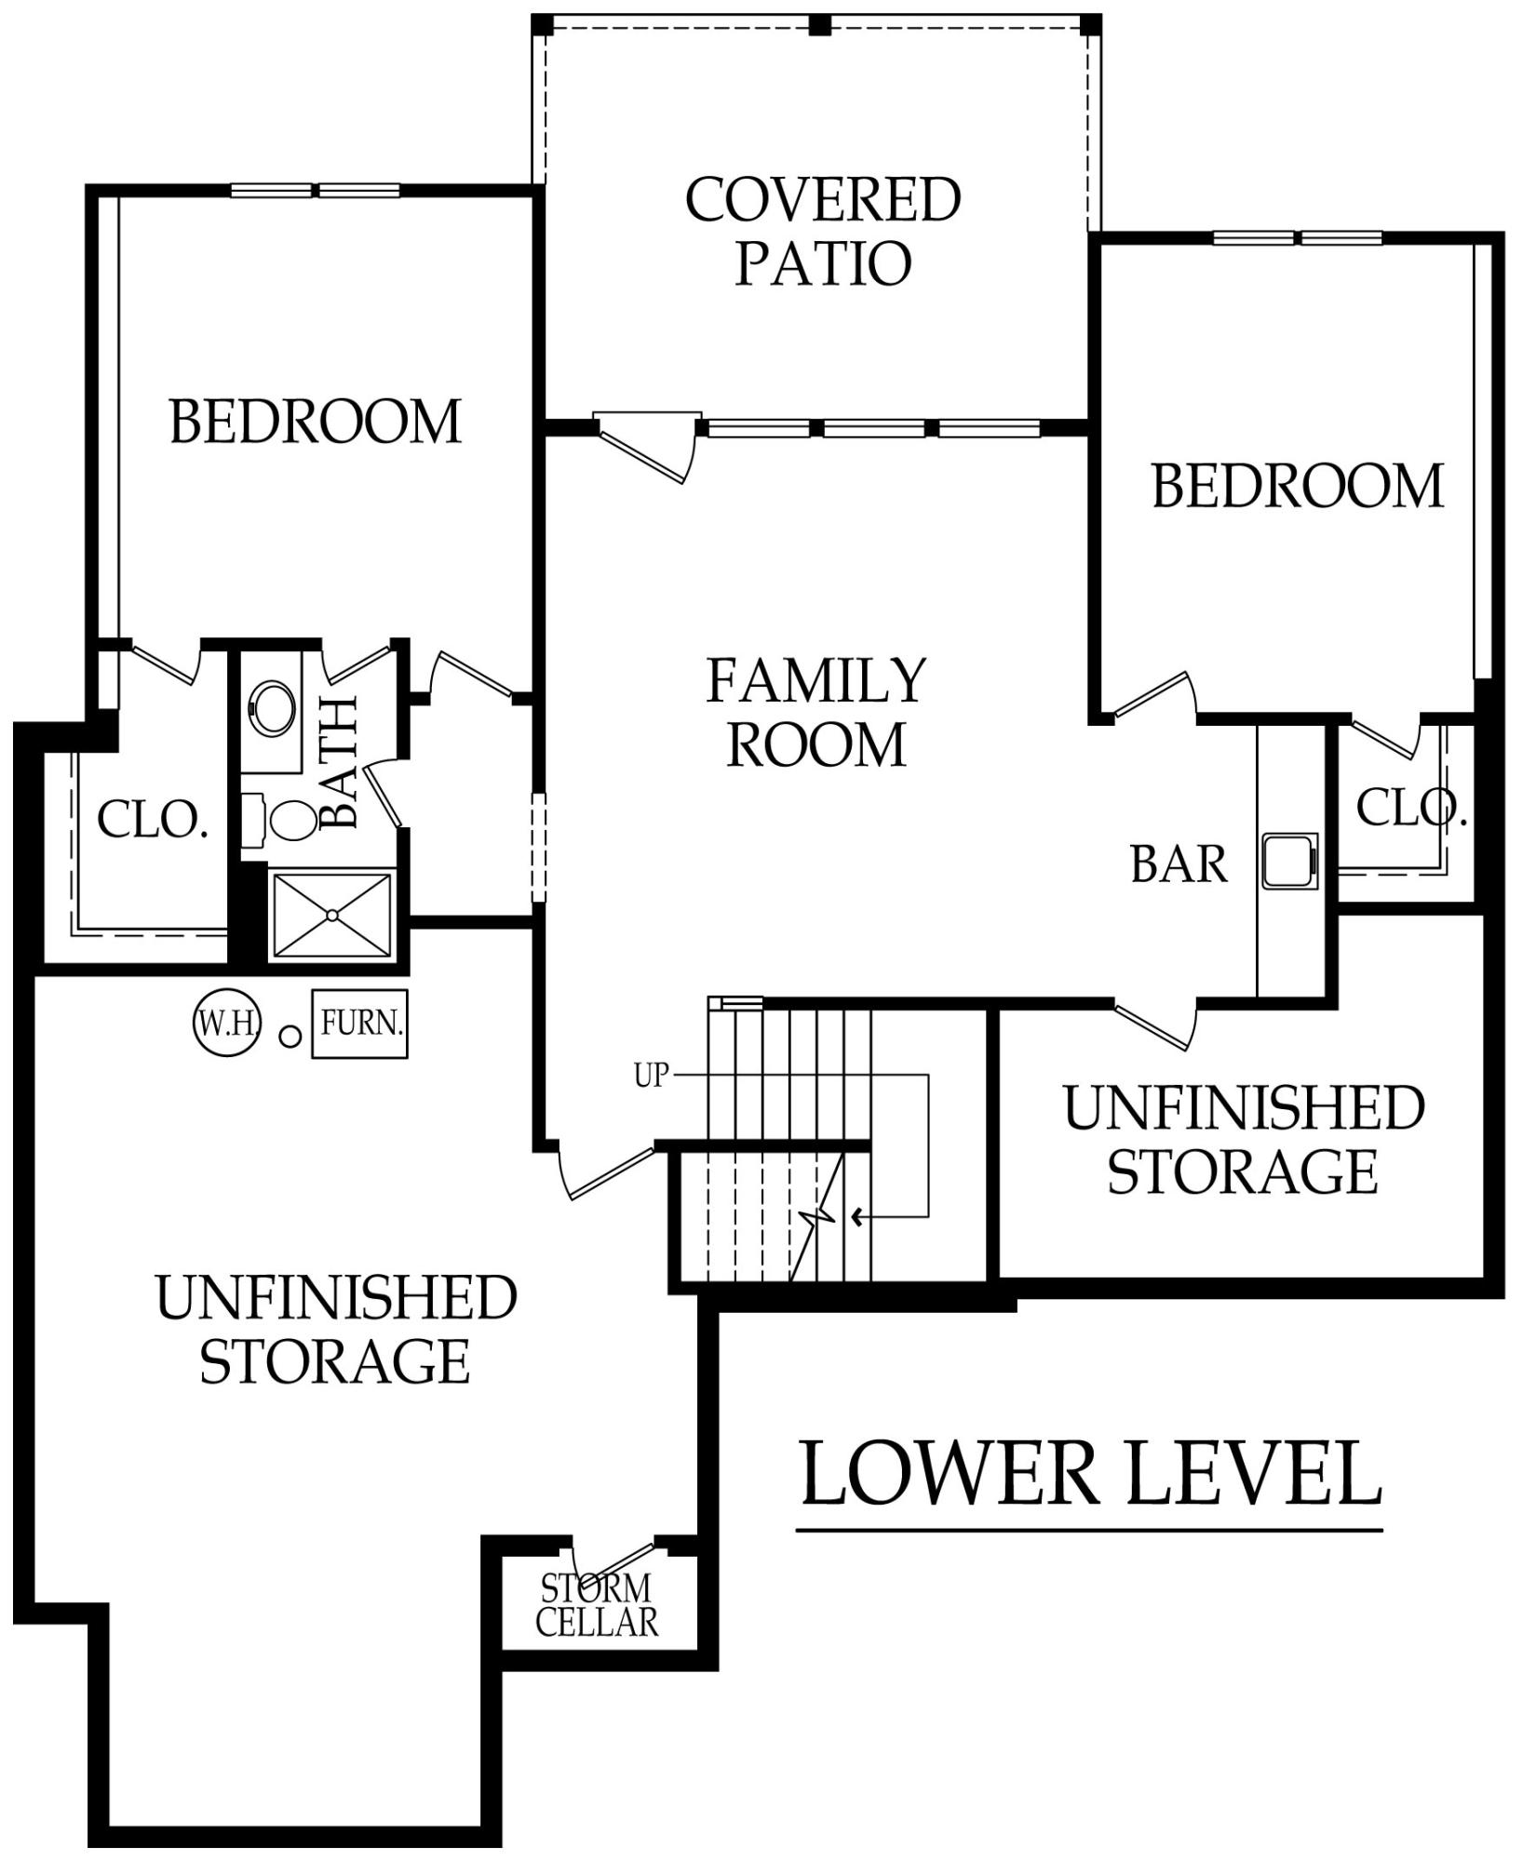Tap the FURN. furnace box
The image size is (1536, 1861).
coord(360,1024)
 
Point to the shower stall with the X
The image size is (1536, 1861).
coord(332,916)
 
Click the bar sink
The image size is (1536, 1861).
coord(1290,861)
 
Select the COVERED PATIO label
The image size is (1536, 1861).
coord(823,231)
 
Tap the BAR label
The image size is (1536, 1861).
coord(1179,864)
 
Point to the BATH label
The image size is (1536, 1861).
coord(338,763)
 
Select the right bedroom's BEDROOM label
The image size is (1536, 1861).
coord(1298,486)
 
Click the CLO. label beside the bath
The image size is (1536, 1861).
coord(153,820)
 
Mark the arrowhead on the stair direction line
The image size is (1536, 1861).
coord(857,1216)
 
